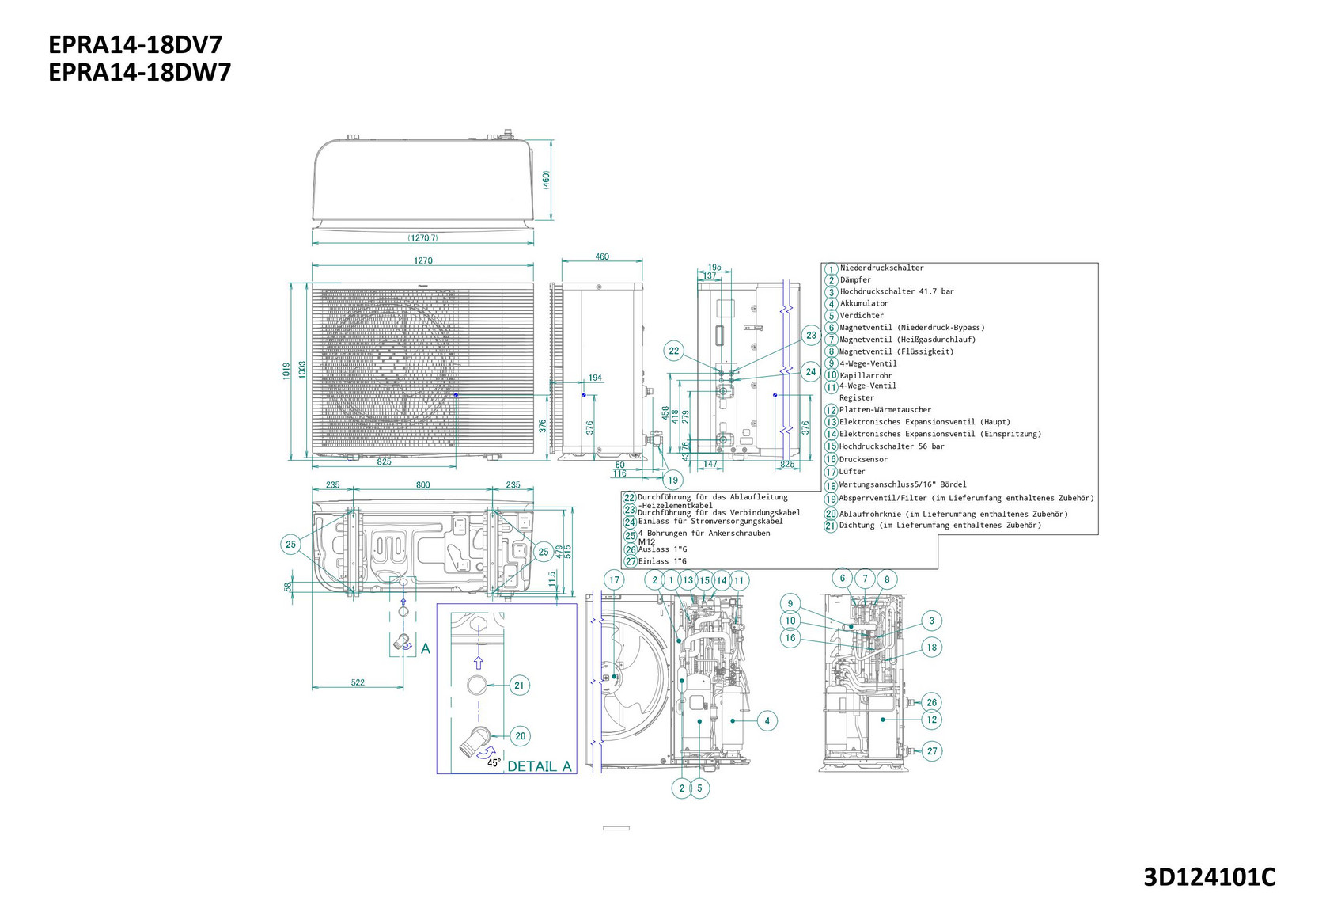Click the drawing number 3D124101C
pyautogui.click(x=1209, y=877)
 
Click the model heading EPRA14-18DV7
pyautogui.click(x=135, y=44)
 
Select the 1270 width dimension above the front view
pyautogui.click(x=423, y=260)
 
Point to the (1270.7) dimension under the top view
pyautogui.click(x=422, y=237)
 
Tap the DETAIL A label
pyautogui.click(x=539, y=766)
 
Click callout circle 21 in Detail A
pyautogui.click(x=519, y=686)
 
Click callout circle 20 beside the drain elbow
pyautogui.click(x=520, y=736)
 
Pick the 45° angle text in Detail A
pyautogui.click(x=494, y=763)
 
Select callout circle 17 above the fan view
pyautogui.click(x=615, y=580)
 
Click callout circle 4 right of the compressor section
pyautogui.click(x=767, y=721)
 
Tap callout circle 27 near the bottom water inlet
pyautogui.click(x=932, y=751)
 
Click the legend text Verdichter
pyautogui.click(x=862, y=315)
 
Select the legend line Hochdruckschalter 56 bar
pyautogui.click(x=892, y=446)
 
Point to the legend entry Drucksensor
pyautogui.click(x=863, y=459)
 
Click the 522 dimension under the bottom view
pyautogui.click(x=358, y=682)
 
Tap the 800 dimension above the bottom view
pyautogui.click(x=423, y=485)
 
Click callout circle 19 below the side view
pyautogui.click(x=672, y=480)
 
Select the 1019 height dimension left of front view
pyautogui.click(x=286, y=370)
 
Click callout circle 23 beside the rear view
pyautogui.click(x=811, y=336)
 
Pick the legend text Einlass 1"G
pyautogui.click(x=662, y=561)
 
